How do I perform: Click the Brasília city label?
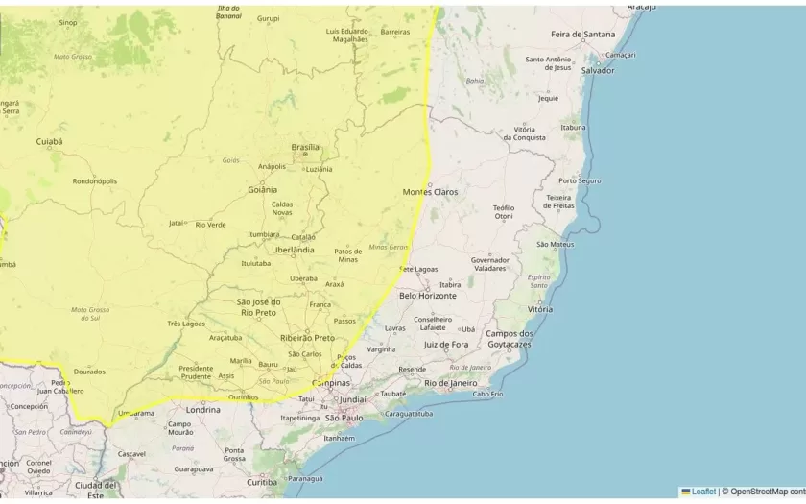click(305, 147)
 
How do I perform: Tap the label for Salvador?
click(597, 70)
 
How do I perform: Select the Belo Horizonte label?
click(428, 296)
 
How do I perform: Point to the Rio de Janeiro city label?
click(450, 383)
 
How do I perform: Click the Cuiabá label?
click(49, 141)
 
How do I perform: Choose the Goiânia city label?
click(262, 189)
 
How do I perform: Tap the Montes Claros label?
click(430, 192)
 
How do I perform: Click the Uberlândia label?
click(293, 250)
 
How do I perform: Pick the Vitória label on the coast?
click(540, 309)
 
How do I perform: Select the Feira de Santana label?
click(582, 35)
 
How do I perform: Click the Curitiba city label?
click(261, 482)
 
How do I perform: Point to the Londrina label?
click(202, 409)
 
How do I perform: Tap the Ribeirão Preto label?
click(307, 338)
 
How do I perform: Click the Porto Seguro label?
click(580, 180)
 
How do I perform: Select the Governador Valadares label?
click(489, 264)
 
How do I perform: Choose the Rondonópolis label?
click(95, 180)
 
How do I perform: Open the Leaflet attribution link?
click(703, 492)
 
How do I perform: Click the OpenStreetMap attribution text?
click(766, 492)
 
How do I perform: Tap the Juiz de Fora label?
click(446, 344)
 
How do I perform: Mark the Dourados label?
click(89, 371)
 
